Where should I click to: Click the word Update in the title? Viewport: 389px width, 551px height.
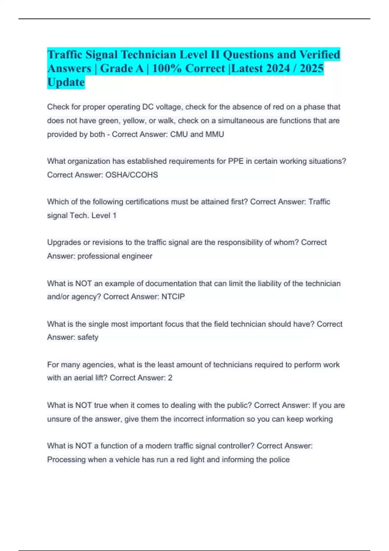pos(66,82)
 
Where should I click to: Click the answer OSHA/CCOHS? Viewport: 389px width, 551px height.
pos(132,175)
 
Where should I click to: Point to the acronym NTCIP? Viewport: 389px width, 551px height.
pos(173,297)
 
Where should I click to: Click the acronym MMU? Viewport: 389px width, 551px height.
pos(215,134)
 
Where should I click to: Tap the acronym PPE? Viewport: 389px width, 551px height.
pos(236,161)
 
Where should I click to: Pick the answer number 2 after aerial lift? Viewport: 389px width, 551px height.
pos(170,378)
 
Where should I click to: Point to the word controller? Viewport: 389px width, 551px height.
pos(236,446)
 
